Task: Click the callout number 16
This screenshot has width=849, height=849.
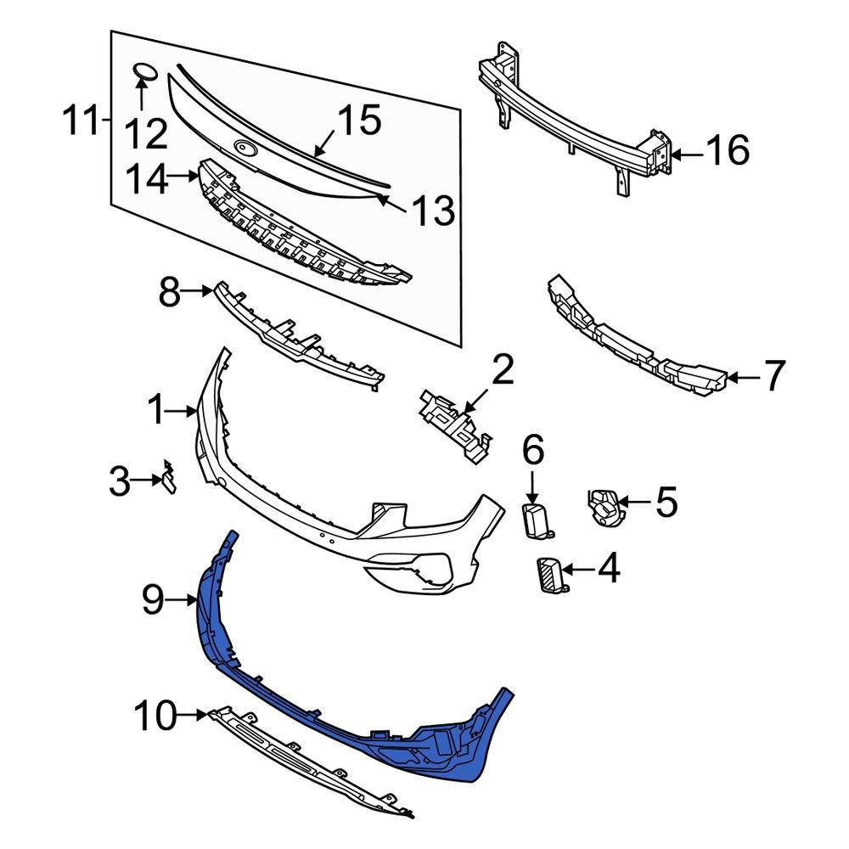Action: (728, 153)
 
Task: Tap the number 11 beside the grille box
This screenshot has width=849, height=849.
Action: (82, 121)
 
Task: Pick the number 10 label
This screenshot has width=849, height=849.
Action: (155, 717)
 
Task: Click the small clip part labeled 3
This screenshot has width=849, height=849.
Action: (169, 480)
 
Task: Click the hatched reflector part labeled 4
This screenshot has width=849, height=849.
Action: (551, 575)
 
